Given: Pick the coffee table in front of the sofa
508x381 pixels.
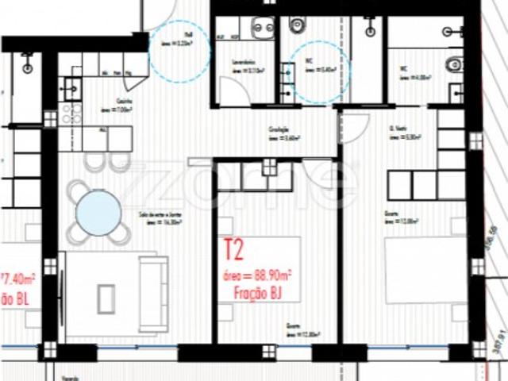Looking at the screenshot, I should click(x=106, y=298).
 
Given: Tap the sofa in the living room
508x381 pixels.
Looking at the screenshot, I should click(x=152, y=294).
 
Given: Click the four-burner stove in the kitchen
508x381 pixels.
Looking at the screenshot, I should click(x=71, y=111).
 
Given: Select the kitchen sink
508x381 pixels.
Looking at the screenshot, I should click(x=71, y=80).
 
